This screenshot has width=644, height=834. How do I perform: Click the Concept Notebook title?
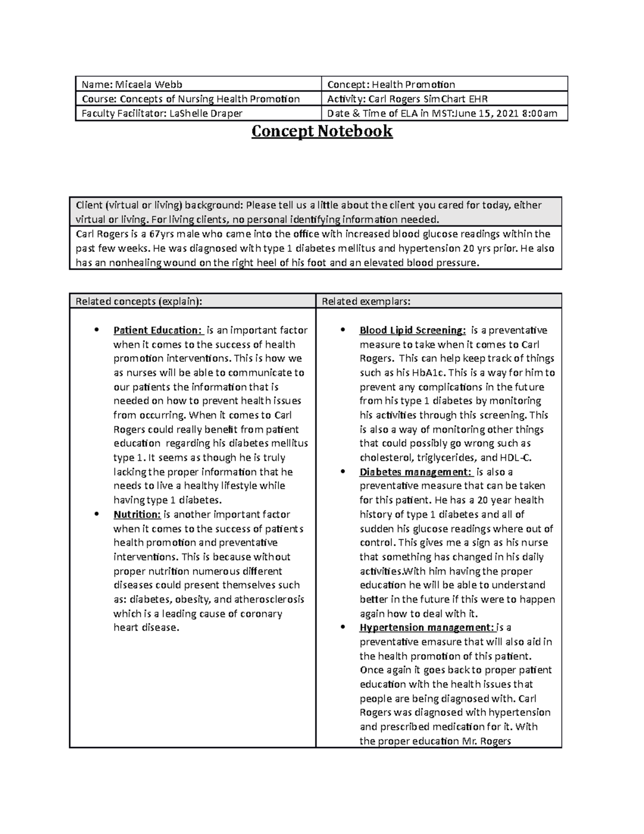click(322, 131)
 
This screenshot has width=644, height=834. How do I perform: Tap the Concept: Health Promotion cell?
click(391, 84)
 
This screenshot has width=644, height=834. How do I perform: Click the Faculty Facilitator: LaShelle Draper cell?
click(162, 113)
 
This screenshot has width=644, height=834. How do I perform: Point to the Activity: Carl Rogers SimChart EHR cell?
click(407, 99)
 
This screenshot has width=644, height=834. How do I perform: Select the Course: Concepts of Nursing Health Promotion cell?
click(191, 99)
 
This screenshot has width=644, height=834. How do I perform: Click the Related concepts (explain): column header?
click(139, 301)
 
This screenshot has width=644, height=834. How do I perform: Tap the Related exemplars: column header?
click(366, 301)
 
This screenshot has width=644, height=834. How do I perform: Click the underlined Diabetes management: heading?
click(416, 472)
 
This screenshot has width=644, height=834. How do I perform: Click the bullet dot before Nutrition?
click(97, 514)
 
